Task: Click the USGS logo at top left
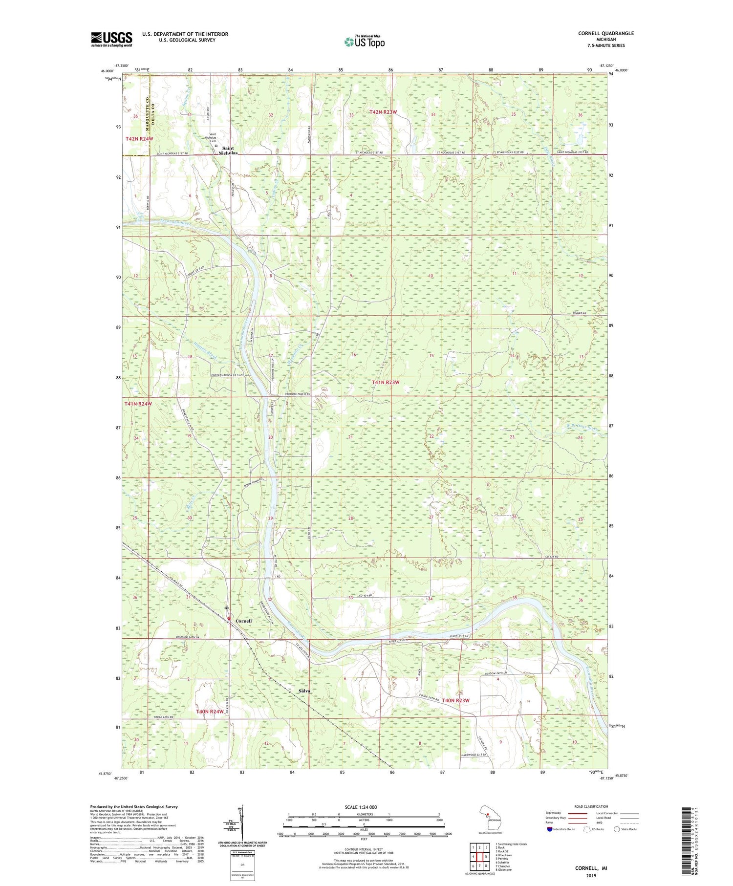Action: coord(111,39)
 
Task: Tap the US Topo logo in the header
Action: coord(364,42)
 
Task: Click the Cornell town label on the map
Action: coord(243,621)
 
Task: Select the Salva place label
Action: coord(304,691)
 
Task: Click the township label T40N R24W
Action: coord(210,712)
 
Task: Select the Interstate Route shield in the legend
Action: coord(550,829)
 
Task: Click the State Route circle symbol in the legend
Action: coord(617,829)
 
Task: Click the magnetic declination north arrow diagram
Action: coord(240,821)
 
